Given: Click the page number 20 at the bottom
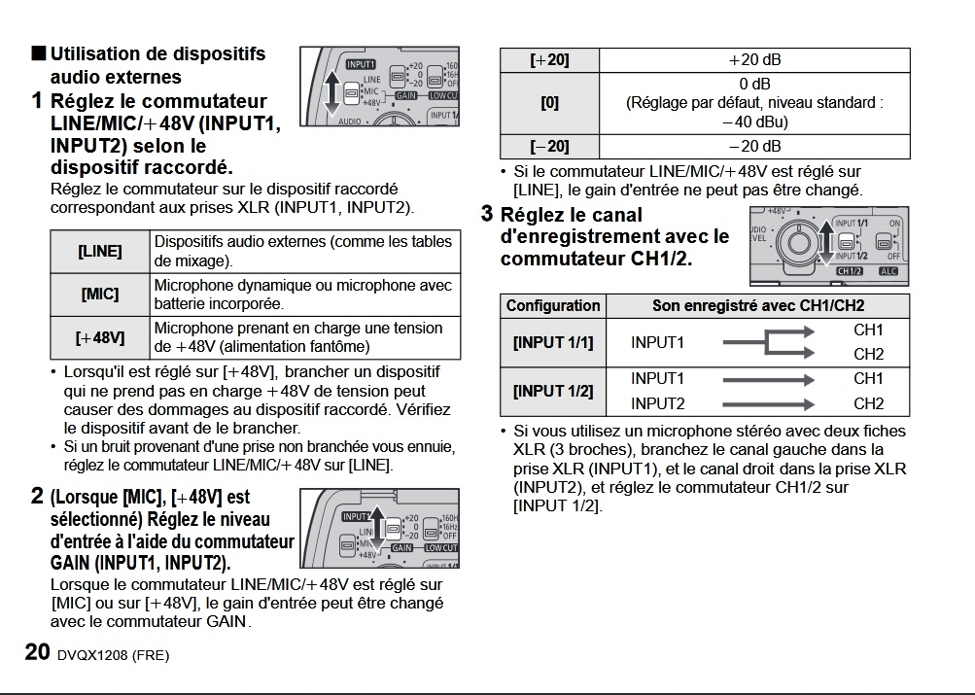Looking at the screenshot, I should point(37,652).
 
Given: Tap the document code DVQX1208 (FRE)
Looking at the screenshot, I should point(113,655).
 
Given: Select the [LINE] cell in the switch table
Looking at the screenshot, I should point(100,251).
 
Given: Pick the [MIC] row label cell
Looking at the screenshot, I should point(100,294).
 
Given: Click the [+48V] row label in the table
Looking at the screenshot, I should point(100,337).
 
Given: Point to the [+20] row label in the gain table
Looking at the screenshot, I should point(549,60).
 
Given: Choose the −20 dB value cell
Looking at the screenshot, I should point(754,147).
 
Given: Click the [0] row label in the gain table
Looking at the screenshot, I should point(549,102).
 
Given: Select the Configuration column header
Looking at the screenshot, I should point(553,305).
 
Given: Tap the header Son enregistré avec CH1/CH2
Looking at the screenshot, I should point(758,305).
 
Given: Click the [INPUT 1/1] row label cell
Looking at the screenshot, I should point(553,342).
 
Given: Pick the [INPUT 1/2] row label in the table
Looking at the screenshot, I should point(553,391).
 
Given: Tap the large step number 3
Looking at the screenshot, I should point(488,214).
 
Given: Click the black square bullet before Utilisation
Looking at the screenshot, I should point(38,53).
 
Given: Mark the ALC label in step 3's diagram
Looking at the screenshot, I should point(888,271).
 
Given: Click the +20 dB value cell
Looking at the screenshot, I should point(754,60).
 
